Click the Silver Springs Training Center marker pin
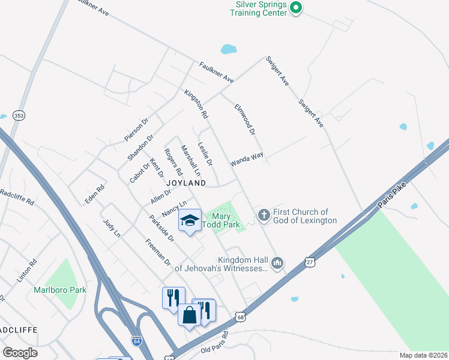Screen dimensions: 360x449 (295, 8)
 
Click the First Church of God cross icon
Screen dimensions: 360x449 (263, 215)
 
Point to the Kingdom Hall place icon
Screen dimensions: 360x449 (277, 263)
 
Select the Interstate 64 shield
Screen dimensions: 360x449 (137, 340)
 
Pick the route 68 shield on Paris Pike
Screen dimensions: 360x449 (240, 316)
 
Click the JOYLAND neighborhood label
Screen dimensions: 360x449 (186, 182)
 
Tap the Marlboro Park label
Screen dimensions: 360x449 (60, 290)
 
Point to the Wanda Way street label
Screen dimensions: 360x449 (247, 159)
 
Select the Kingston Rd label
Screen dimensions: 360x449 (196, 104)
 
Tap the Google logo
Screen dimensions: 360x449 (20, 352)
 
